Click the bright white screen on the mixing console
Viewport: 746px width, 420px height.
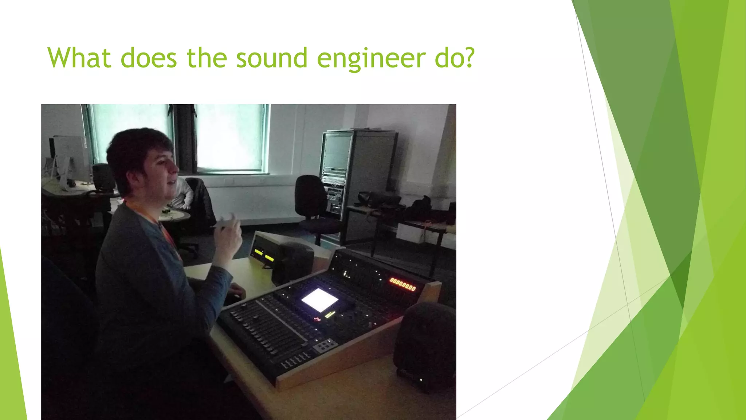pos(319,300)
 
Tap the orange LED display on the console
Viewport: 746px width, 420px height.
pos(403,284)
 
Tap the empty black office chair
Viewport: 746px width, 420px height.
pos(313,204)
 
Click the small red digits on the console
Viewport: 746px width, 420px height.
pos(317,319)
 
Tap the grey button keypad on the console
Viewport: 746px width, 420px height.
pos(326,344)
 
